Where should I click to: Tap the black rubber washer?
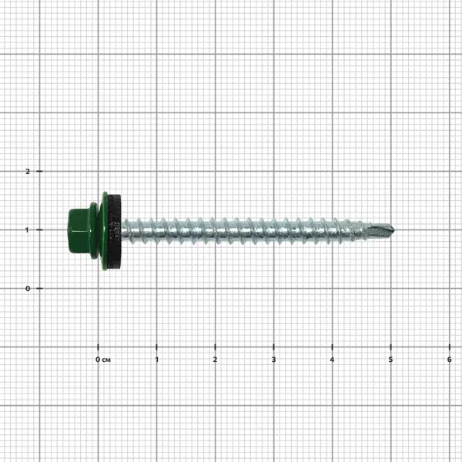[115, 230]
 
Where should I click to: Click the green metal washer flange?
[103, 230]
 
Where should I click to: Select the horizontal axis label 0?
[98, 360]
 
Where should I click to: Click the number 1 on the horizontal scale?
[157, 360]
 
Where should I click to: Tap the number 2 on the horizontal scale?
[215, 360]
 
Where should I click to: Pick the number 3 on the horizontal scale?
[273, 360]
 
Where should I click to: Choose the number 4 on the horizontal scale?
[332, 360]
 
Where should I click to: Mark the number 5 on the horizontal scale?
[390, 360]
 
